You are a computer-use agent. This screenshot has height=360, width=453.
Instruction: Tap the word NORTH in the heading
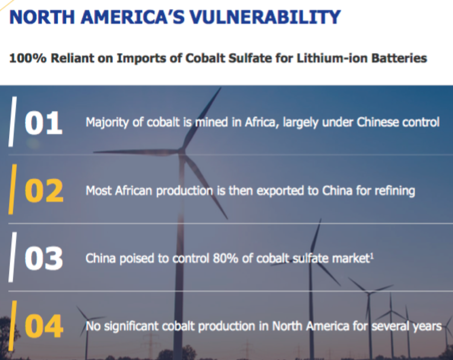(x=42, y=17)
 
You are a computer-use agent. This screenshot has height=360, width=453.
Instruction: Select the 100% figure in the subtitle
(x=28, y=58)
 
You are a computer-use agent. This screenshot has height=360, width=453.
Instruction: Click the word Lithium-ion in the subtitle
(x=332, y=58)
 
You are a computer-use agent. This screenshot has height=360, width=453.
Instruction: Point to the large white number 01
(x=43, y=123)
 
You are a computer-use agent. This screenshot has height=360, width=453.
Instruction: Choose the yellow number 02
(x=44, y=190)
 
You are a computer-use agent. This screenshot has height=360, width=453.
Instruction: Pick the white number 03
(x=44, y=259)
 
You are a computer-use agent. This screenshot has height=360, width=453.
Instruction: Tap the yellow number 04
(x=44, y=326)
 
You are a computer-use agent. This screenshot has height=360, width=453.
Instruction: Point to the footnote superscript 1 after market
(x=372, y=255)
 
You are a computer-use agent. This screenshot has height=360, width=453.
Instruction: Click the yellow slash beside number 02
(x=13, y=189)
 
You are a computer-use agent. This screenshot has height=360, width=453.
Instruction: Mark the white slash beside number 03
(x=13, y=257)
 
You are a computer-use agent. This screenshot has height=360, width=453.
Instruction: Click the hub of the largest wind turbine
(x=181, y=151)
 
